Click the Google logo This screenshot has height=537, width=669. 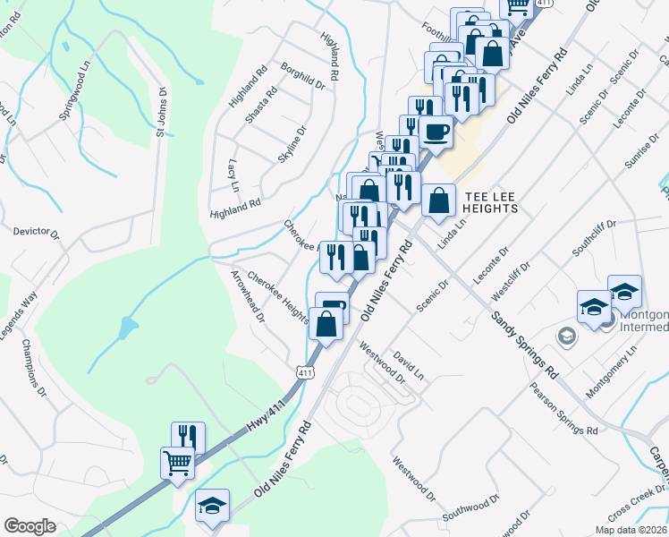point(30,526)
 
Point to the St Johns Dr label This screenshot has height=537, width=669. point(162,113)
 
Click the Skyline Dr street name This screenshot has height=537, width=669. point(292,144)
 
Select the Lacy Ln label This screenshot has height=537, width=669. point(233,175)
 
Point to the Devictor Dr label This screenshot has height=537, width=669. point(36,233)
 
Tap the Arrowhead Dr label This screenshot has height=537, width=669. point(248,296)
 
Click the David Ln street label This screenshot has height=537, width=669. point(408,363)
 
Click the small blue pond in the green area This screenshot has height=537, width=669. point(129,328)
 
